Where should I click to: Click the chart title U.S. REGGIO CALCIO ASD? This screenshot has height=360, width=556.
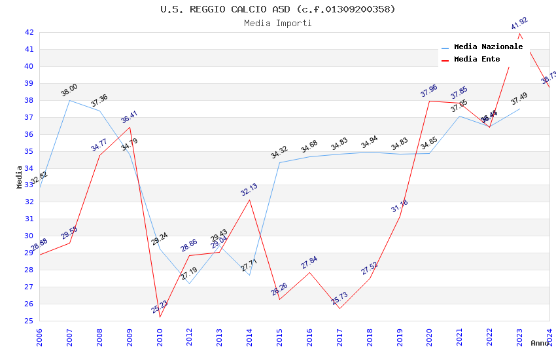(x=278, y=9)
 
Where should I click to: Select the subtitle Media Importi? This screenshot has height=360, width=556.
(x=278, y=24)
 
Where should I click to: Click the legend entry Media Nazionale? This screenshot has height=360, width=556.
(x=488, y=46)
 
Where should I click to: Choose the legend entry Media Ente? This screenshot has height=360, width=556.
(x=477, y=59)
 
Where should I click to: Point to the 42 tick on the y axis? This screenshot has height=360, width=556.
(x=29, y=32)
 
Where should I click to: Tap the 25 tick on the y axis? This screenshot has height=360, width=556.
(x=29, y=321)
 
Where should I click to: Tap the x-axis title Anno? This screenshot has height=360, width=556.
(x=540, y=343)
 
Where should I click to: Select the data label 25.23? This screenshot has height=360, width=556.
(x=160, y=306)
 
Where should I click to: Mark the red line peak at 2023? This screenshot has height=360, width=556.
(x=519, y=33)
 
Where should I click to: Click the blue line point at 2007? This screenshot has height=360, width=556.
(x=70, y=100)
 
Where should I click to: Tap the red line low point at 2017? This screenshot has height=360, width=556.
(x=339, y=308)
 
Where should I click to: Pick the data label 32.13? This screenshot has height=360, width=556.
(x=249, y=190)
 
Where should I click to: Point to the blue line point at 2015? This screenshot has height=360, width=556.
(x=279, y=162)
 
